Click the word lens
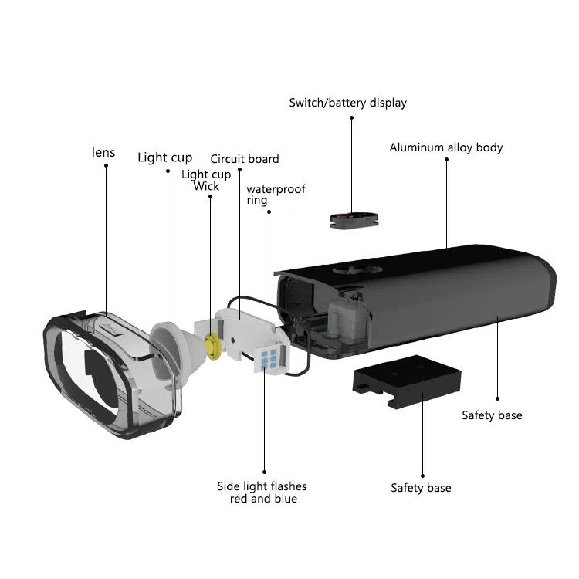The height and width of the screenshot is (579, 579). pos(103,152)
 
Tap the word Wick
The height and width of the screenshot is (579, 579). pos(206,186)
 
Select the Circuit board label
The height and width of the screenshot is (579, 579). pos(245,159)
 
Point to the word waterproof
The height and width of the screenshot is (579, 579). pos(276,189)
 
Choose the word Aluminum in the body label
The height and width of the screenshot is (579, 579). pos(415,147)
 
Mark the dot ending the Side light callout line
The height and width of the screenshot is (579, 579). pos(264,472)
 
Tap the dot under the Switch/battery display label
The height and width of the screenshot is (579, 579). pos(351,118)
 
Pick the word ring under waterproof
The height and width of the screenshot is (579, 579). pos(257,201)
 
